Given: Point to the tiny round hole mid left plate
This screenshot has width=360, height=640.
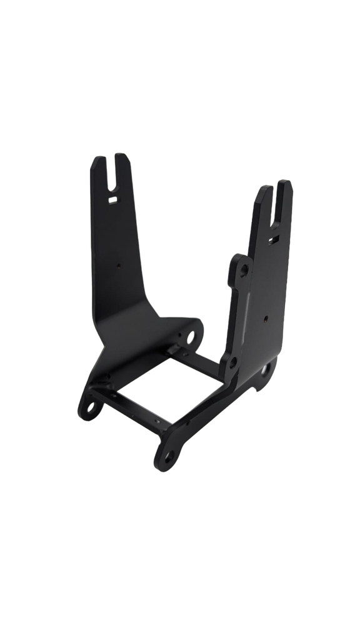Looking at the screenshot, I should (x=119, y=264).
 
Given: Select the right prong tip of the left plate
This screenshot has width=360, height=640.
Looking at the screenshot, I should (x=122, y=157).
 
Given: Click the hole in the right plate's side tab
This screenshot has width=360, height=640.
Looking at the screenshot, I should (x=244, y=269).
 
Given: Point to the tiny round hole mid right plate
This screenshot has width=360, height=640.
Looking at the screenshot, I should (x=266, y=318).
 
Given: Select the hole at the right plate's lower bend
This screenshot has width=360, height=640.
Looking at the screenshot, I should (x=233, y=362).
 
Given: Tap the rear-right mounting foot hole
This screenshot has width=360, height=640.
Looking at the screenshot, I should (x=265, y=369).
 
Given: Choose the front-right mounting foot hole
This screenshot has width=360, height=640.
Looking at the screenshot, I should (x=167, y=459).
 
